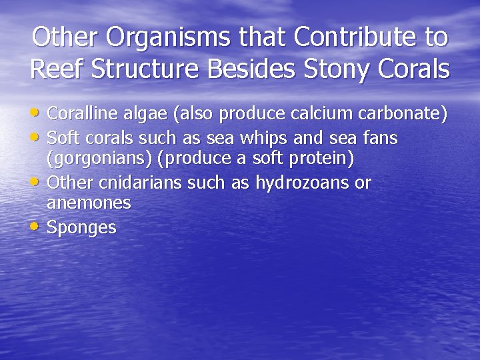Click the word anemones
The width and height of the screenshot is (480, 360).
coord(89,203)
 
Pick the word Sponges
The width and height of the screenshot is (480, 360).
coord(82,228)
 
